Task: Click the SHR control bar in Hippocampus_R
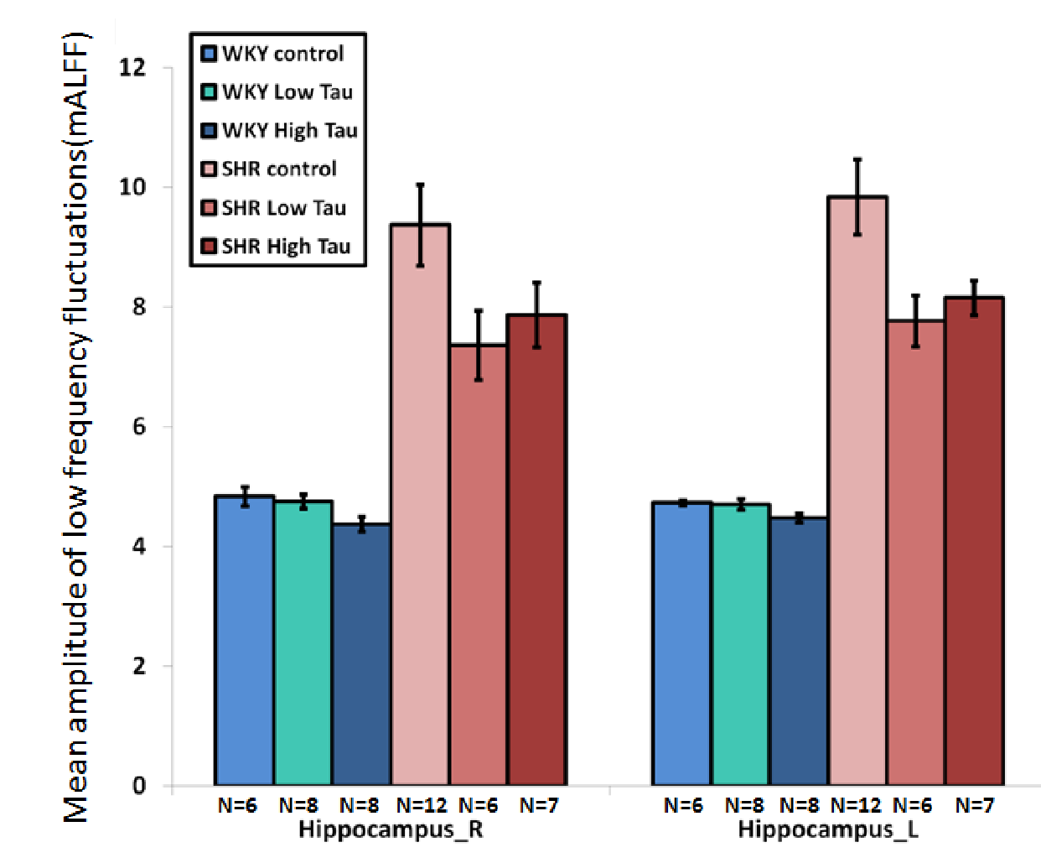[420, 503]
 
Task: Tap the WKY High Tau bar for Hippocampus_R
[361, 654]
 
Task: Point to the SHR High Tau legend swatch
[210, 247]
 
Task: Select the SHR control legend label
[279, 169]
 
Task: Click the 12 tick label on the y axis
[132, 67]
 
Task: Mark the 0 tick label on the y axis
[139, 786]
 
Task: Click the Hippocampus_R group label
[391, 830]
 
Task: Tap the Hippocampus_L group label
[828, 830]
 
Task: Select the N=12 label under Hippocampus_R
[422, 806]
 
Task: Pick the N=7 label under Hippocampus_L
[974, 806]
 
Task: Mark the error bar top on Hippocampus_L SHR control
[857, 159]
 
